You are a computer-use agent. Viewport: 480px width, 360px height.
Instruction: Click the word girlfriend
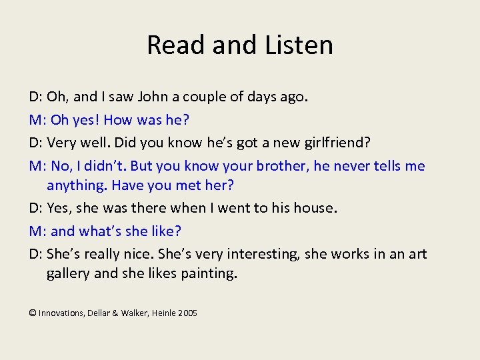pyautogui.click(x=336, y=143)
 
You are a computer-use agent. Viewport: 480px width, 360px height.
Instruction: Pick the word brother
pyautogui.click(x=282, y=166)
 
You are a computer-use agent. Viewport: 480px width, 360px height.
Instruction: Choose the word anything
pyautogui.click(x=75, y=185)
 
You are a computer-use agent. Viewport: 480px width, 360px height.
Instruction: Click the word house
pyautogui.click(x=315, y=208)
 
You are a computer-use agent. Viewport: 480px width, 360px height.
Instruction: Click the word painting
pyautogui.click(x=208, y=273)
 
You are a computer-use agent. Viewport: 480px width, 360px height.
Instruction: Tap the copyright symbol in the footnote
pyautogui.click(x=33, y=313)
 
